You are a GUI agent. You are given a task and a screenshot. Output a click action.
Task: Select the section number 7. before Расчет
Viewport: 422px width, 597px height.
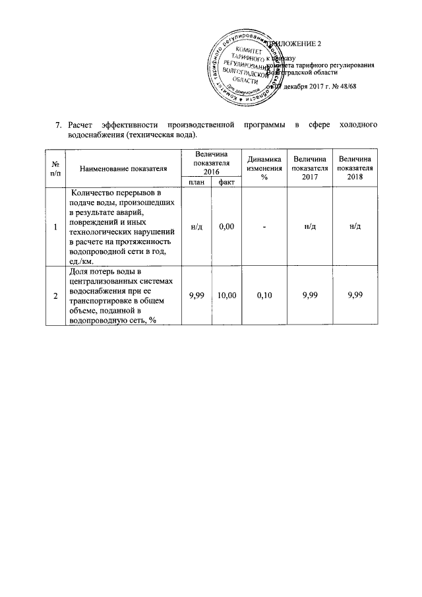click(58, 125)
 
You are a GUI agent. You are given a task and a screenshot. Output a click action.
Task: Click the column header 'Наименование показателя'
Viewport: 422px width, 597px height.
click(123, 169)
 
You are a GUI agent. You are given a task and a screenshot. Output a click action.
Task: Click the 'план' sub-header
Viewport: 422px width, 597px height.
click(196, 182)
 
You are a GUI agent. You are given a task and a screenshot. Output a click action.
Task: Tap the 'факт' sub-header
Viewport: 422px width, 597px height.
click(226, 182)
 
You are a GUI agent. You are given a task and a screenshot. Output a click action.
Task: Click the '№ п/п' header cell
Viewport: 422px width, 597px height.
click(55, 169)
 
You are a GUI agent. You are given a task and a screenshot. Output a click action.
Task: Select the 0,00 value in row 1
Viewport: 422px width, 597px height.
click(226, 227)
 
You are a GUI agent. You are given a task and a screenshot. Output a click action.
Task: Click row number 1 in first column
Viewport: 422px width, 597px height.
click(55, 227)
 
